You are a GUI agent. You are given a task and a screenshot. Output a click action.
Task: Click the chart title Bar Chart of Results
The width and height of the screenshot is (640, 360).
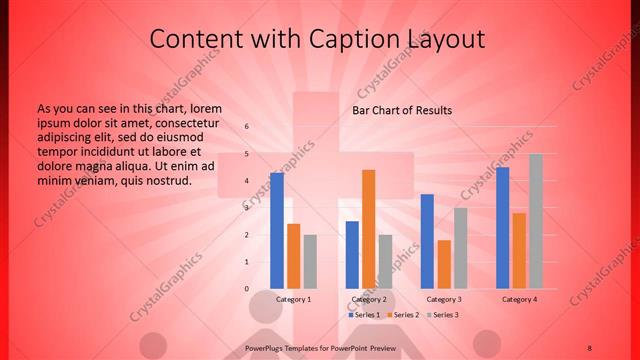(401, 110)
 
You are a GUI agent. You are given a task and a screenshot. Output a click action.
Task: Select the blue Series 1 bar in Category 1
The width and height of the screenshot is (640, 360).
(277, 230)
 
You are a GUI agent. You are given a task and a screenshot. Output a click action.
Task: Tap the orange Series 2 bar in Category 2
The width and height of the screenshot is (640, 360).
(369, 229)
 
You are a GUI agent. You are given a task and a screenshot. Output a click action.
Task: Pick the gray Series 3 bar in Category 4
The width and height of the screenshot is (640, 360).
(536, 221)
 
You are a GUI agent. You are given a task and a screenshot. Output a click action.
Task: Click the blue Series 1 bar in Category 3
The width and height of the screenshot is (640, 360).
(427, 241)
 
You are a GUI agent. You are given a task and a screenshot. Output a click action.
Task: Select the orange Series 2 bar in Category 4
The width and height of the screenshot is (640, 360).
(519, 250)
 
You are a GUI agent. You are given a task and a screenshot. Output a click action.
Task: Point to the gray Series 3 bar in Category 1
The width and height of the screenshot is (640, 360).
(310, 261)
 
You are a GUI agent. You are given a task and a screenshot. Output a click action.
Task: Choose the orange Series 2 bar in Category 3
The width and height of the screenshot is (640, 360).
(444, 264)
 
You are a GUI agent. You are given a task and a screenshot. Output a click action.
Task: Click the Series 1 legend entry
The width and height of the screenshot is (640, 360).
(363, 315)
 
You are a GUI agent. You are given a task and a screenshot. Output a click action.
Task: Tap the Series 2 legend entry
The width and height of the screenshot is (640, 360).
(402, 315)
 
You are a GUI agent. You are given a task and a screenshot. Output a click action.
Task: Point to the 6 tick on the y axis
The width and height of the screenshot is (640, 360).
(247, 127)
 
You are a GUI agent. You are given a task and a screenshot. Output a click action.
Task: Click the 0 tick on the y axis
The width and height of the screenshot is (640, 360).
(247, 288)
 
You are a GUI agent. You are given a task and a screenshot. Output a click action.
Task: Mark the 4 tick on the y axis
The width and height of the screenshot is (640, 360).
(247, 181)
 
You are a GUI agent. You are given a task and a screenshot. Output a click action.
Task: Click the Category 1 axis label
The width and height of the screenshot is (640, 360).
(293, 299)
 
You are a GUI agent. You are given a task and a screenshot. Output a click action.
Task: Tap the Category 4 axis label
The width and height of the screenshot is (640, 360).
(519, 299)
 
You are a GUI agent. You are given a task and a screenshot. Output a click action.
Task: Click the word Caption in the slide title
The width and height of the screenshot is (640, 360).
(321, 39)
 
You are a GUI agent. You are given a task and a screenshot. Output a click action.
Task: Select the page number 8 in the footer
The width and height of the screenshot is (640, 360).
(590, 347)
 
